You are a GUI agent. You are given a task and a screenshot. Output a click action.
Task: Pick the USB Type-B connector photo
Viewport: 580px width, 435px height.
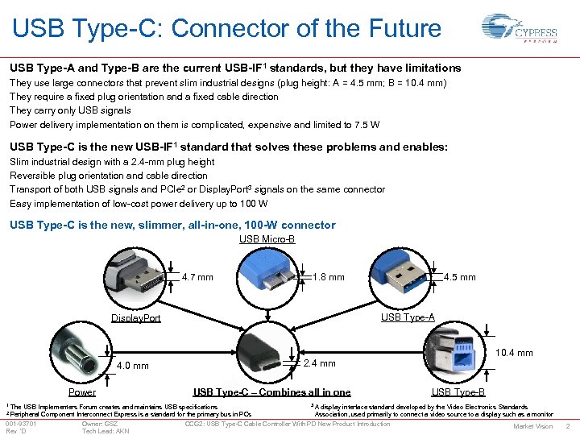click(456, 353)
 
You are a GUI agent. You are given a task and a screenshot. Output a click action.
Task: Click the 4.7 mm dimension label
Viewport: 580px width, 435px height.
click(197, 278)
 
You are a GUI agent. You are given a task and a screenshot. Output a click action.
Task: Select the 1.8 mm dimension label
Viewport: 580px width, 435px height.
click(328, 277)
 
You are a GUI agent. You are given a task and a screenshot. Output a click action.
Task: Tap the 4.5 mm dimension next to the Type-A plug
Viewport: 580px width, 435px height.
click(460, 277)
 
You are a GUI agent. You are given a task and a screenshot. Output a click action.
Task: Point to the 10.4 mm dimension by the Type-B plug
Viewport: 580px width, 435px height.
click(513, 353)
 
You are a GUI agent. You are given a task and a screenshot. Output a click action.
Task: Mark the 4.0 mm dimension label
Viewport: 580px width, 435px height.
click(132, 367)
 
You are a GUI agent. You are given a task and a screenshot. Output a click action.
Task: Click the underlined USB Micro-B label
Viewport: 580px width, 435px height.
click(267, 239)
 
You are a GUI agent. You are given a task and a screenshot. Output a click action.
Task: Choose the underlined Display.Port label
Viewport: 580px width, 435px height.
click(135, 318)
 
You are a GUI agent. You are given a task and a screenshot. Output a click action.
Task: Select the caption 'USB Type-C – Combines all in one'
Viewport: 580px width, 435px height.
click(271, 393)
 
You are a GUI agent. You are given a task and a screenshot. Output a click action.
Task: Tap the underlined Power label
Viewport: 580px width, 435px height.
click(82, 393)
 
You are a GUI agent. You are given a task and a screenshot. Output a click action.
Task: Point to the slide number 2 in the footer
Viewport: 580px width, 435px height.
click(568, 426)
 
